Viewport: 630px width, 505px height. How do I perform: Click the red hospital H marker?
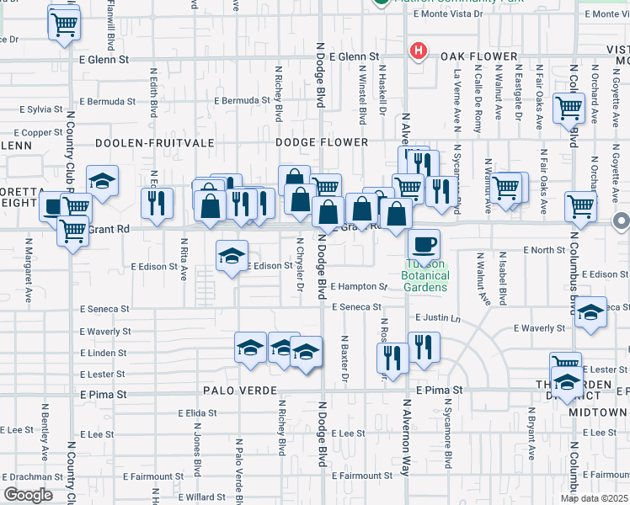click(x=417, y=51)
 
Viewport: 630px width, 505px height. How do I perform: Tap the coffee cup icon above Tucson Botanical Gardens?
click(x=424, y=243)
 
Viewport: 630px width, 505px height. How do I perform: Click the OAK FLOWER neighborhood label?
click(x=478, y=57)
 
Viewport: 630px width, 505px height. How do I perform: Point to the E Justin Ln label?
click(x=438, y=318)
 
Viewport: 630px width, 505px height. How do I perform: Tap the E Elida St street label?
click(x=198, y=413)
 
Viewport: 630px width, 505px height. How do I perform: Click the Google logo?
click(x=28, y=495)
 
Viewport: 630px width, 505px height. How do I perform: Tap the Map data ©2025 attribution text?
click(x=594, y=498)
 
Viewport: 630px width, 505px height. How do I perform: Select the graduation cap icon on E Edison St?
click(x=232, y=255)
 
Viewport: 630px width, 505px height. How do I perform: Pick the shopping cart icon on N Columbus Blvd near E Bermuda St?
click(x=569, y=108)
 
